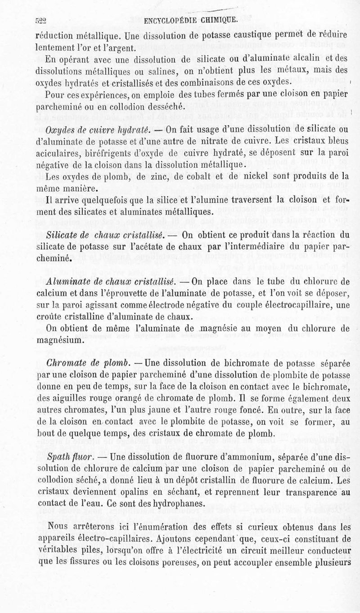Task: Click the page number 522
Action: tap(42, 20)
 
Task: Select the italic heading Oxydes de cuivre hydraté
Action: tap(98, 130)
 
